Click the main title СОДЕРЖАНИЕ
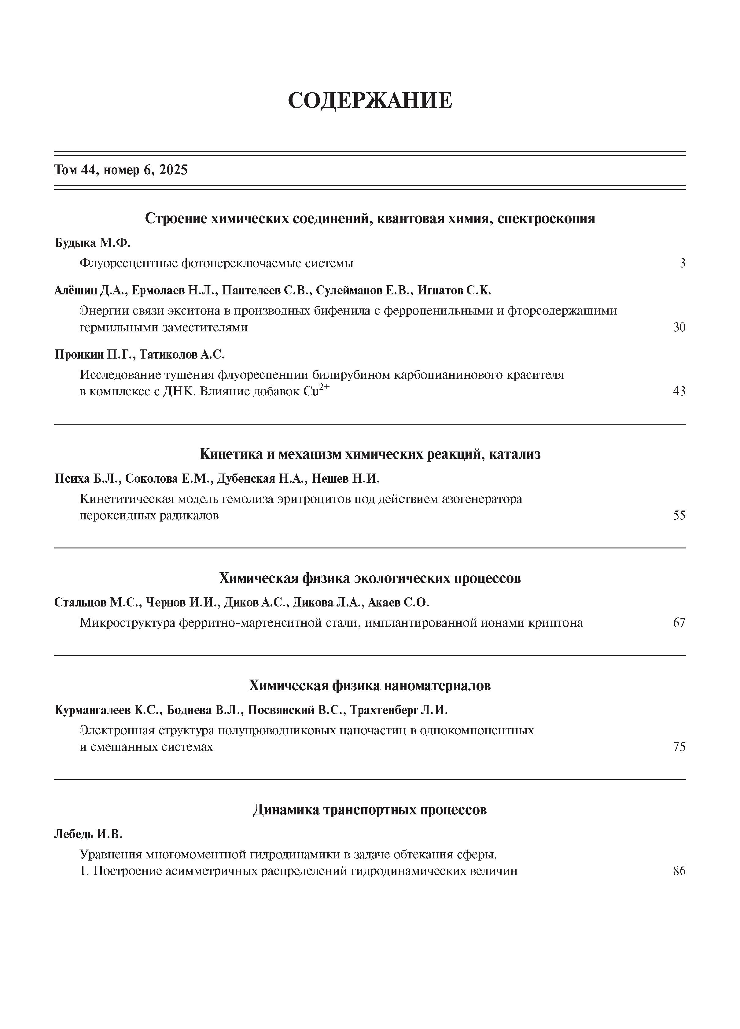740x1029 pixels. (370, 100)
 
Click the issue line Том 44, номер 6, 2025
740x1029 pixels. (121, 170)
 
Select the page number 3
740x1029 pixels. (682, 263)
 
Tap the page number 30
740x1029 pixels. (679, 327)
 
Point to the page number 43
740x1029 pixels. (679, 391)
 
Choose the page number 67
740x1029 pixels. (679, 622)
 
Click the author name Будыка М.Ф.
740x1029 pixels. (92, 243)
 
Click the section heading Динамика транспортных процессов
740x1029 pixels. (370, 810)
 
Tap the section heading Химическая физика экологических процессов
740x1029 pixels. (370, 578)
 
